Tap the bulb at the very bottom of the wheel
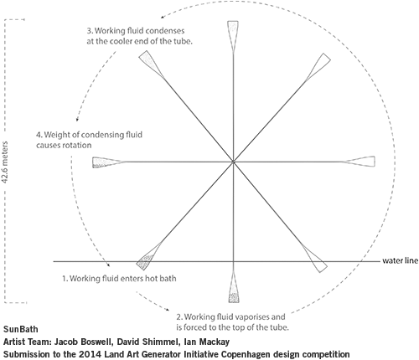234,291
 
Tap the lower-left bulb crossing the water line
147,257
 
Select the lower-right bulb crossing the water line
316,259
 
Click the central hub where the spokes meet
233,162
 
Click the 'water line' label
401,260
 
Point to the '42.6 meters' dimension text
5,162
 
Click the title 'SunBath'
21,329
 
